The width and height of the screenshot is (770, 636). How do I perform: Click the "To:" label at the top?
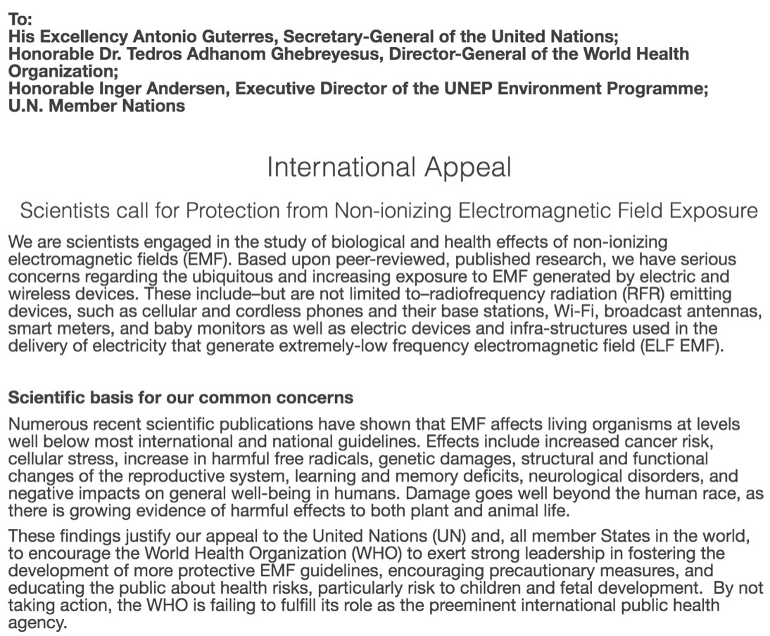tap(19, 20)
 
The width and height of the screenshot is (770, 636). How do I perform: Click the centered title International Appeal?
tap(389, 167)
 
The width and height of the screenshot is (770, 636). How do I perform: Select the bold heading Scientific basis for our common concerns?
tap(180, 397)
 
